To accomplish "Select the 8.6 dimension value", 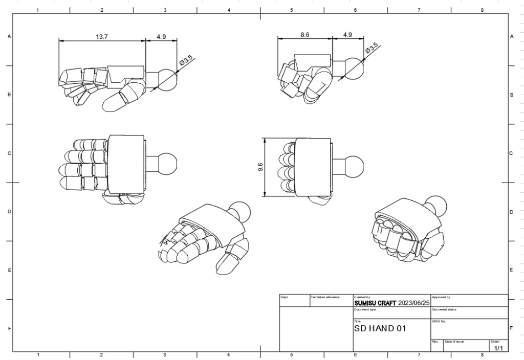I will pos(304,34).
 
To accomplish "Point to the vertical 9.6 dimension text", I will pos(260,167).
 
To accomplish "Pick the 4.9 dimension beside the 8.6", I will pos(347,34).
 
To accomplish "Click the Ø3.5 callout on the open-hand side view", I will pos(186,62).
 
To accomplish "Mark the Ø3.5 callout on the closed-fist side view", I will pos(372,49).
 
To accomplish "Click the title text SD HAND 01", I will pos(380,328).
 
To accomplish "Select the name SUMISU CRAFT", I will pos(375,303).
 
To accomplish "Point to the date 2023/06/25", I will pos(413,303).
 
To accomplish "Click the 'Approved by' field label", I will pos(441,297).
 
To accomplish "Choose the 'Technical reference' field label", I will pos(325,297).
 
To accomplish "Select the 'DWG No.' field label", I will pos(439,322).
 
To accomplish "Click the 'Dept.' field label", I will pos(284,297).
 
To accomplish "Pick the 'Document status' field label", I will pos(444,309).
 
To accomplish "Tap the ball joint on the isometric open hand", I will pos(240,210).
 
